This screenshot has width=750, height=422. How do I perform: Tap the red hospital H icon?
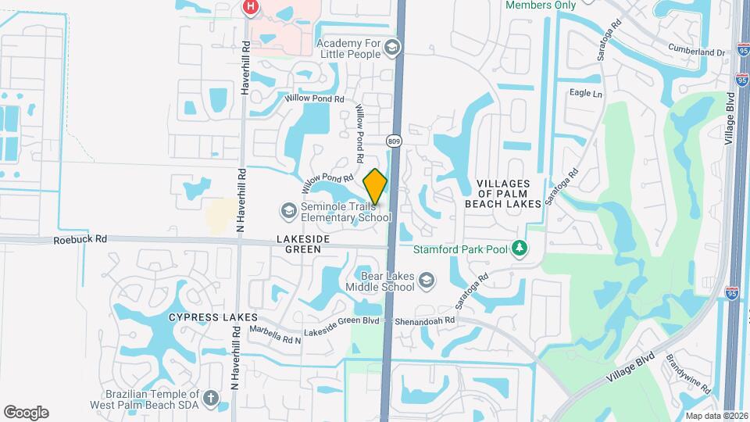(x=250, y=8)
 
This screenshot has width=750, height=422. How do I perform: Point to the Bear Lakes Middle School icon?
(x=426, y=280)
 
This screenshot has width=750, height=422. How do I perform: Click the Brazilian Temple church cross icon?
(x=210, y=399)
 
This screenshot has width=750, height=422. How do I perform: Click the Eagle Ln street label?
(x=586, y=94)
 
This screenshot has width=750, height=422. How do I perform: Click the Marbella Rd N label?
(x=275, y=329)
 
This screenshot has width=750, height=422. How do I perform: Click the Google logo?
(x=26, y=413)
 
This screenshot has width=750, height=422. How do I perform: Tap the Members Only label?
(x=541, y=5)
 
